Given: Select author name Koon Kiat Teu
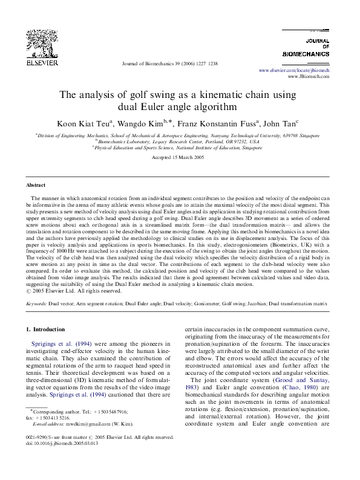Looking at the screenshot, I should click(81, 124).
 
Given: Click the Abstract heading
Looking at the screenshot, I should click(36, 185).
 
